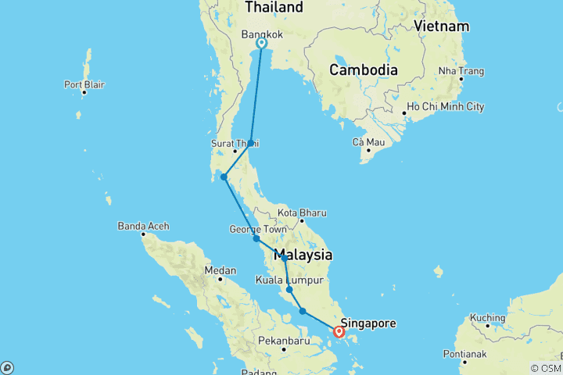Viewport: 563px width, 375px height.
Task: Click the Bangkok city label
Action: click(262, 34)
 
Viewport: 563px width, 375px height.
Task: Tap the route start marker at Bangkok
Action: click(261, 44)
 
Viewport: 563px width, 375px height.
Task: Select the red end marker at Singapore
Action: click(339, 332)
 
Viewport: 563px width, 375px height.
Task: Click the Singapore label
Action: click(368, 323)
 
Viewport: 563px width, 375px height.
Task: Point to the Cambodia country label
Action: click(363, 70)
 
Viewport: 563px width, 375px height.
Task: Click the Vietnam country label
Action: click(442, 26)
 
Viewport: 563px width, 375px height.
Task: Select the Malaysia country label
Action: click(303, 255)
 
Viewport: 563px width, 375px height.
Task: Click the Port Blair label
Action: click(84, 84)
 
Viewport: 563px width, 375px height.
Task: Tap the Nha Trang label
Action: click(462, 71)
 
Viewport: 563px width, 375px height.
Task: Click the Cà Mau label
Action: click(368, 141)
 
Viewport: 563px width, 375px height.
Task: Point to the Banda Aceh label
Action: click(143, 227)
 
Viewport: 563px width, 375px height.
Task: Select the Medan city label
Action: click(220, 270)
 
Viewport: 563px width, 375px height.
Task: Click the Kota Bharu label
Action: click(302, 212)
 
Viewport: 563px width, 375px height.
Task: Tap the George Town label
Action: click(255, 229)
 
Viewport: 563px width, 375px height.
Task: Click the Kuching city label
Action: click(488, 318)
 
